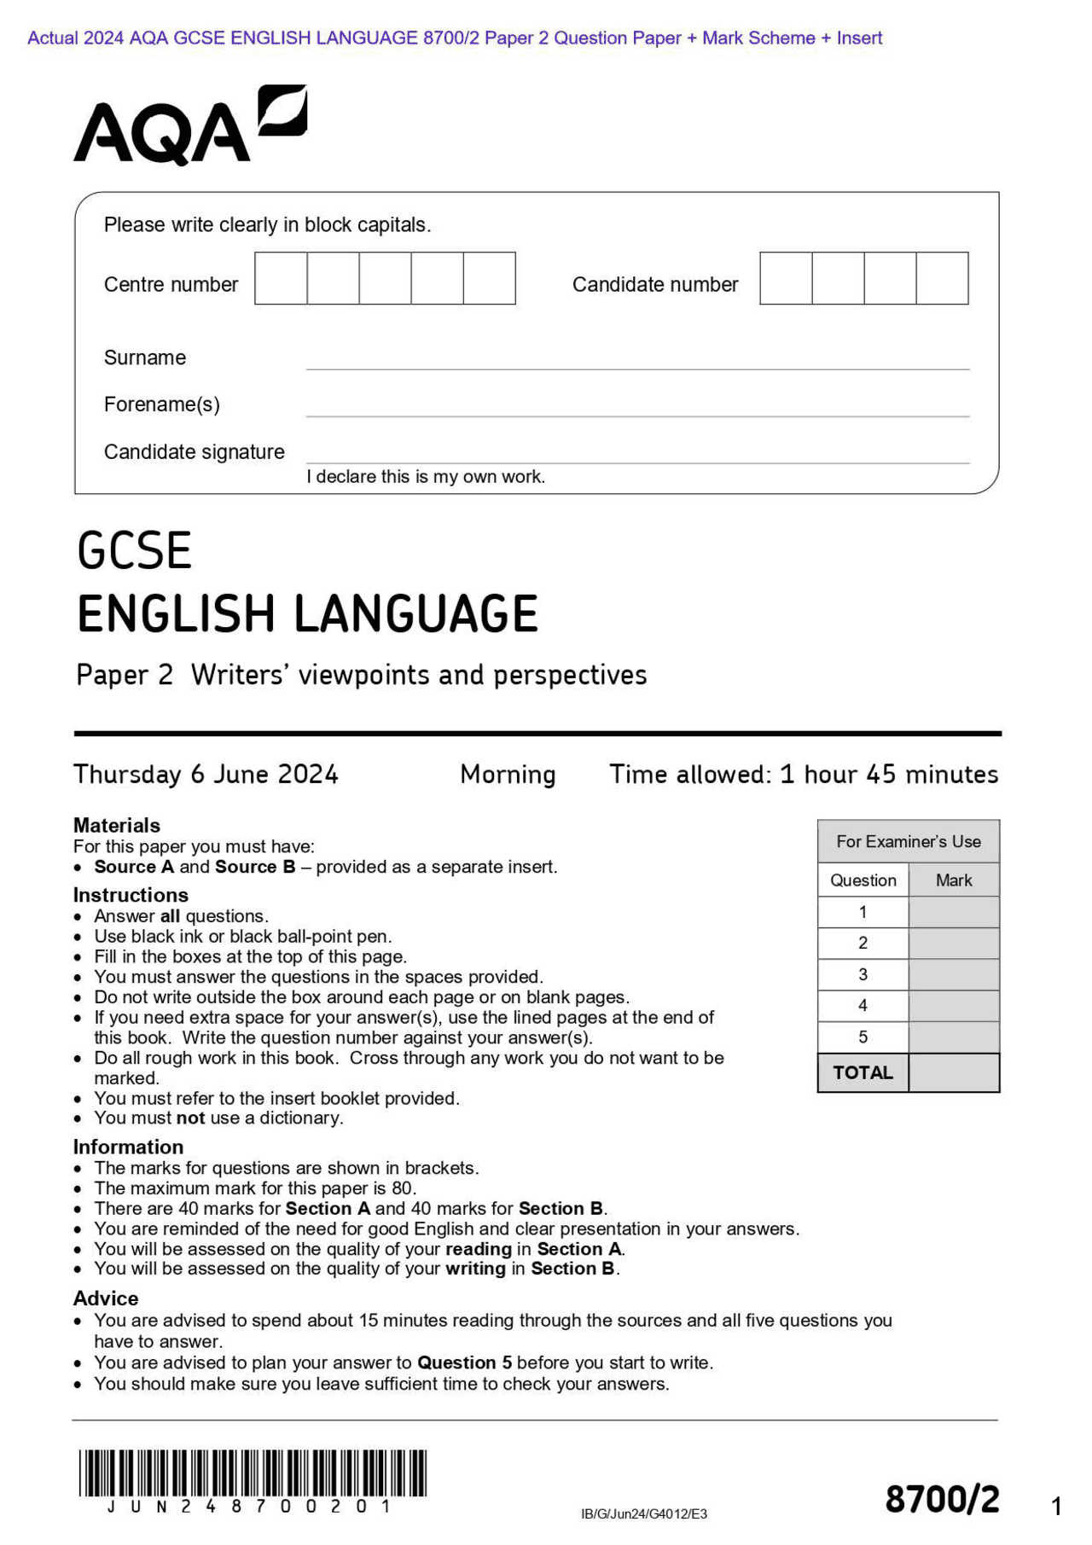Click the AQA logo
click(x=189, y=126)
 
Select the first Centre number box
click(x=281, y=278)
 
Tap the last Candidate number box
click(x=942, y=278)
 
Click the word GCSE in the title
click(x=134, y=551)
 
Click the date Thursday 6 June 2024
click(x=206, y=775)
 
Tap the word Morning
click(x=508, y=775)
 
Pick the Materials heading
click(x=117, y=825)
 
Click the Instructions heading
click(x=131, y=895)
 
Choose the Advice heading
click(x=106, y=1298)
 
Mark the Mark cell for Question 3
click(x=954, y=974)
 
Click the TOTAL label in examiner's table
click(x=863, y=1073)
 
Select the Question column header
click(x=863, y=880)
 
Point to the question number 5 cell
click(x=863, y=1037)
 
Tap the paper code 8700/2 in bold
click(x=942, y=1500)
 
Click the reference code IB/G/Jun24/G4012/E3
click(x=644, y=1514)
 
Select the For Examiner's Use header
click(x=908, y=842)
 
